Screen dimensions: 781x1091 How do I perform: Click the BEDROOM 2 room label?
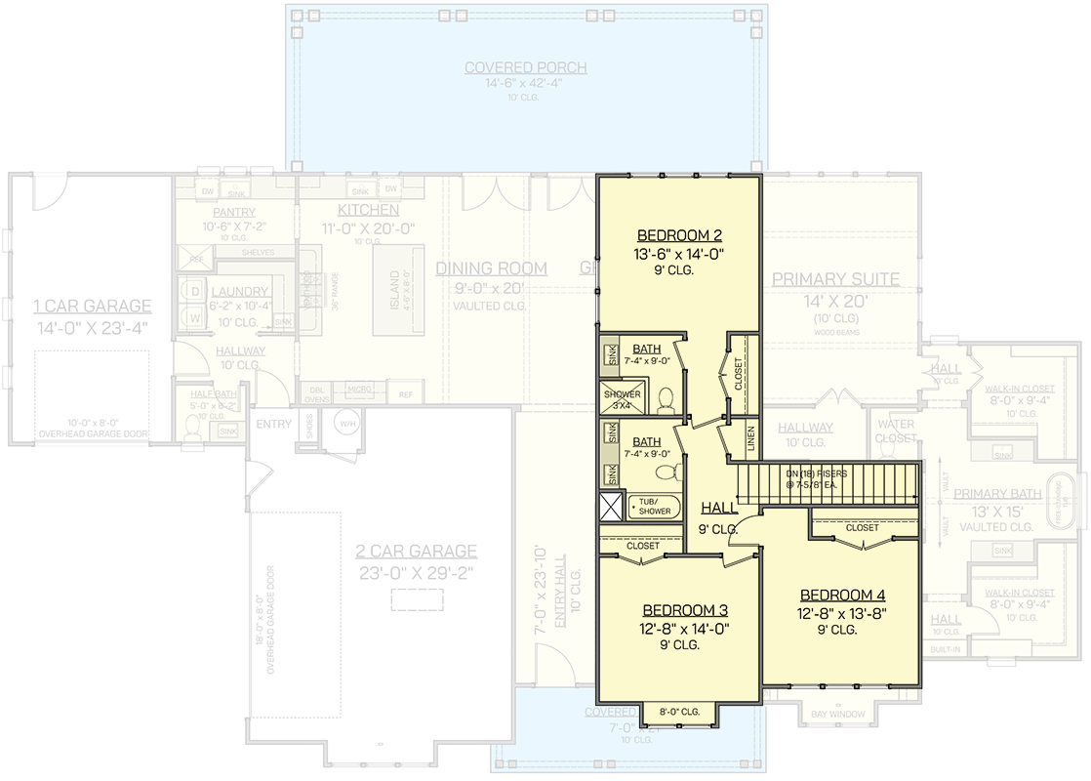(x=679, y=235)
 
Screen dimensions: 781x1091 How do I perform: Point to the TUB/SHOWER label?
(x=655, y=507)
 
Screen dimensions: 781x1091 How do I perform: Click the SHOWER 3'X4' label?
(x=622, y=399)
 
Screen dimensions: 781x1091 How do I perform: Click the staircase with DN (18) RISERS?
(x=826, y=481)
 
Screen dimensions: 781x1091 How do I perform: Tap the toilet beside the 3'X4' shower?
(x=667, y=400)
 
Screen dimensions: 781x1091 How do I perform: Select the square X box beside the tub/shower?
(x=613, y=507)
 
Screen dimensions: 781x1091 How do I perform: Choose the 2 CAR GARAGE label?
(x=416, y=551)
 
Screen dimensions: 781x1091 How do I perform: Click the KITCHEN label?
(x=368, y=210)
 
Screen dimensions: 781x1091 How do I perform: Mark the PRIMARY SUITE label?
(x=835, y=279)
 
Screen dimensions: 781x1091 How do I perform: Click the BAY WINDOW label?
(x=838, y=715)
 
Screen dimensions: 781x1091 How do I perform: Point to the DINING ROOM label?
(x=491, y=268)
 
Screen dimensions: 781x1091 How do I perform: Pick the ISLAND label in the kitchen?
(x=395, y=289)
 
